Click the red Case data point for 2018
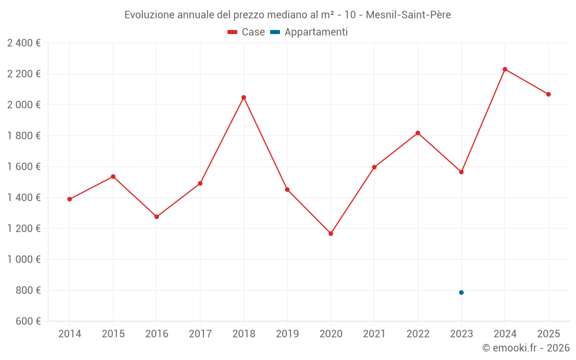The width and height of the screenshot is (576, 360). (244, 97)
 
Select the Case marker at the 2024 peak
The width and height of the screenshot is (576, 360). (505, 69)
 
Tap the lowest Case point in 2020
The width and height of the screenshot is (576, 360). (331, 234)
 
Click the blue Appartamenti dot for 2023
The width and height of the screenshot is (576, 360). (461, 293)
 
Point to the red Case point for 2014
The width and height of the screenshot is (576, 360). (70, 199)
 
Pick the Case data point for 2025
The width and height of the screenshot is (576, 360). (548, 94)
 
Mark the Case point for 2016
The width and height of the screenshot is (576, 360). (157, 217)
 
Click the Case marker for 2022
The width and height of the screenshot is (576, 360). (418, 133)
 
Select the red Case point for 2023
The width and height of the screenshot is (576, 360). (461, 172)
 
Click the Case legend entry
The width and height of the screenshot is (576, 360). (247, 32)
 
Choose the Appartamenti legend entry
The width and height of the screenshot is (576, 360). (309, 32)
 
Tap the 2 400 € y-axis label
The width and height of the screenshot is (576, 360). (24, 43)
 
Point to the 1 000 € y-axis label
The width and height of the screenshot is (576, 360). (24, 260)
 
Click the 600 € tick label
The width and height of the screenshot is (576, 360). (27, 321)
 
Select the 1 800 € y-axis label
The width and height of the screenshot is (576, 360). (24, 136)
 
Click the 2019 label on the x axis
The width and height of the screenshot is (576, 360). (287, 334)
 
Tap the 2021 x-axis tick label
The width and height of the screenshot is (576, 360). (374, 334)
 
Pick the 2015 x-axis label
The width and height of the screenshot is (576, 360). (113, 334)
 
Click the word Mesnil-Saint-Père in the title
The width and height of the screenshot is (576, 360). (408, 15)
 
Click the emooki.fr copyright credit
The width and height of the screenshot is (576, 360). (526, 348)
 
